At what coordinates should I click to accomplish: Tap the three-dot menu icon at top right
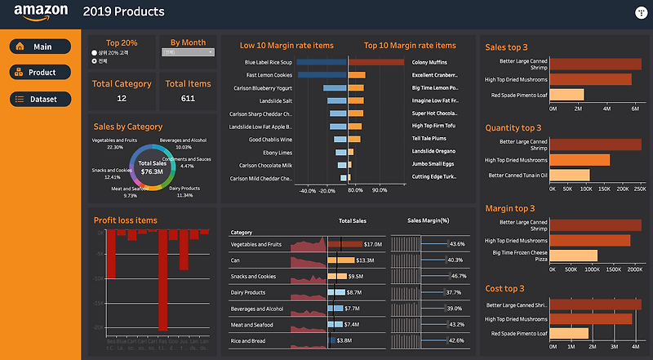(x=640, y=12)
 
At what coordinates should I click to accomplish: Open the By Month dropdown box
(x=188, y=52)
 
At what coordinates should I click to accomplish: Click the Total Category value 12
(x=122, y=99)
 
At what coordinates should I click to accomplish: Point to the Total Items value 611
(x=188, y=99)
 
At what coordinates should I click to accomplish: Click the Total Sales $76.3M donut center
(x=153, y=167)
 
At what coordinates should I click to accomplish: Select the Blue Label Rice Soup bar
(x=322, y=62)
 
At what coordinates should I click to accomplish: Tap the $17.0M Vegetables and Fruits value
(x=373, y=244)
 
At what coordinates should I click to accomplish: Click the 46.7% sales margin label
(x=458, y=276)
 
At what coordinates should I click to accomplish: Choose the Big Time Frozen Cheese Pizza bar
(x=575, y=256)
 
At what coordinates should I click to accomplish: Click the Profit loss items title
(x=125, y=220)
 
